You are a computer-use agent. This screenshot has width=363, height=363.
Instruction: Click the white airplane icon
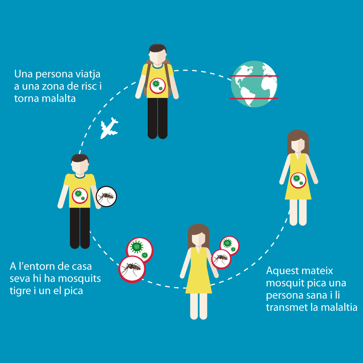coord(109,128)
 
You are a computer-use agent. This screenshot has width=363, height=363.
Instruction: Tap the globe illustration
coord(254,84)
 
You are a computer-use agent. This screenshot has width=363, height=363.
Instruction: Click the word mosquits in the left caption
coord(79,279)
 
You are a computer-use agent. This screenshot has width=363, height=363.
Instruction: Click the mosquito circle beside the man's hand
coord(106,197)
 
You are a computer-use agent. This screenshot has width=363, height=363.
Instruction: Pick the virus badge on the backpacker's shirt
coord(157,86)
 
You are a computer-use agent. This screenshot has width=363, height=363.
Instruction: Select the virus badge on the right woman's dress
coord(298,181)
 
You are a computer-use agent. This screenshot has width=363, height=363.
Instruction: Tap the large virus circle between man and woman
coord(139,249)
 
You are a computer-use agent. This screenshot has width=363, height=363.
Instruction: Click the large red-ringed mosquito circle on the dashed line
coord(132,269)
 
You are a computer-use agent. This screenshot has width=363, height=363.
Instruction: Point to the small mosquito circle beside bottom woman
coord(221,259)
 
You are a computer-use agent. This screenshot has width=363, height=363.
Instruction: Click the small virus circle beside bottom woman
coord(230,245)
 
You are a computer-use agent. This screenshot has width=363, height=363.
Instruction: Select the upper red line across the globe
coord(254,76)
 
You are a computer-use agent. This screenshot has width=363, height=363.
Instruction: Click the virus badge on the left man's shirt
coord(80,196)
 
